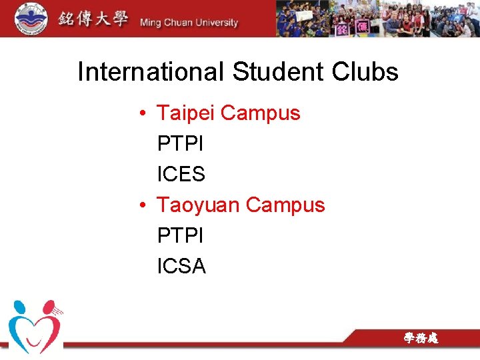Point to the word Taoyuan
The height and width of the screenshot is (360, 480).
(x=198, y=205)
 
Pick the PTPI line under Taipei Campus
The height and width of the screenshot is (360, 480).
(x=181, y=143)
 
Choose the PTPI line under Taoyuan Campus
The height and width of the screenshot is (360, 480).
(x=181, y=235)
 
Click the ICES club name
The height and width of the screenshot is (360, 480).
(x=181, y=174)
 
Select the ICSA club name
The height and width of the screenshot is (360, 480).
(x=181, y=266)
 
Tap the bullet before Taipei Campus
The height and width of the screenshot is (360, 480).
(x=144, y=114)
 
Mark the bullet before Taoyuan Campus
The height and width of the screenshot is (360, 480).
(x=144, y=205)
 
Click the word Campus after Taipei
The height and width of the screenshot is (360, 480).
(x=261, y=113)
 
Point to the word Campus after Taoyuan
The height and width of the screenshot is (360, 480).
(x=285, y=205)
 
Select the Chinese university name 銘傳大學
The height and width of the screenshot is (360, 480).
(x=92, y=19)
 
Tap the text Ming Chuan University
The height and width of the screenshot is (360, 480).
(x=189, y=23)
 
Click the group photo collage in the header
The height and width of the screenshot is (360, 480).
(x=377, y=18)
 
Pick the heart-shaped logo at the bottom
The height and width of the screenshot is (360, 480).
(x=35, y=326)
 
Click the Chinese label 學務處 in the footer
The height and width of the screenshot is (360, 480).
(x=421, y=339)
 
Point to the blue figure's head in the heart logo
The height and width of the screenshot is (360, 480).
(x=19, y=307)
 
